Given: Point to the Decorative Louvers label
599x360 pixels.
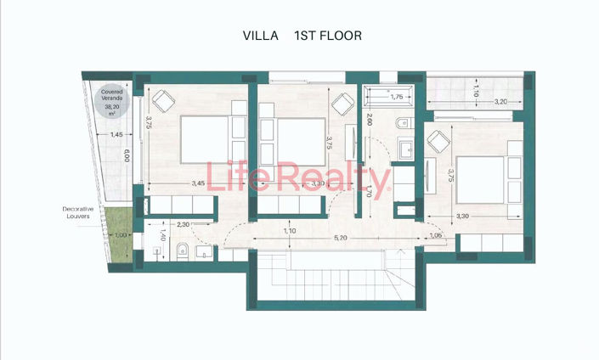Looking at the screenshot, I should point(82,212).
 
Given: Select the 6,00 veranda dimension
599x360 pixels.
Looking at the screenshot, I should point(126,156).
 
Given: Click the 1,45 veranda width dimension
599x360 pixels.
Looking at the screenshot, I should point(116,134).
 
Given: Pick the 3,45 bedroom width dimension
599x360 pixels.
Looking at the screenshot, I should point(198,183).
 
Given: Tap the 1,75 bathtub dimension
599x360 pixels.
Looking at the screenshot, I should point(396,97).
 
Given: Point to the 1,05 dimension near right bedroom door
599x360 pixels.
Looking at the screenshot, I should point(436,236).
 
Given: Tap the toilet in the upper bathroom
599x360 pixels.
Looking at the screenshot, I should point(402,126).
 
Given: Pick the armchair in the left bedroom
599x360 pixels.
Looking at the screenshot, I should point(161,100).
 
